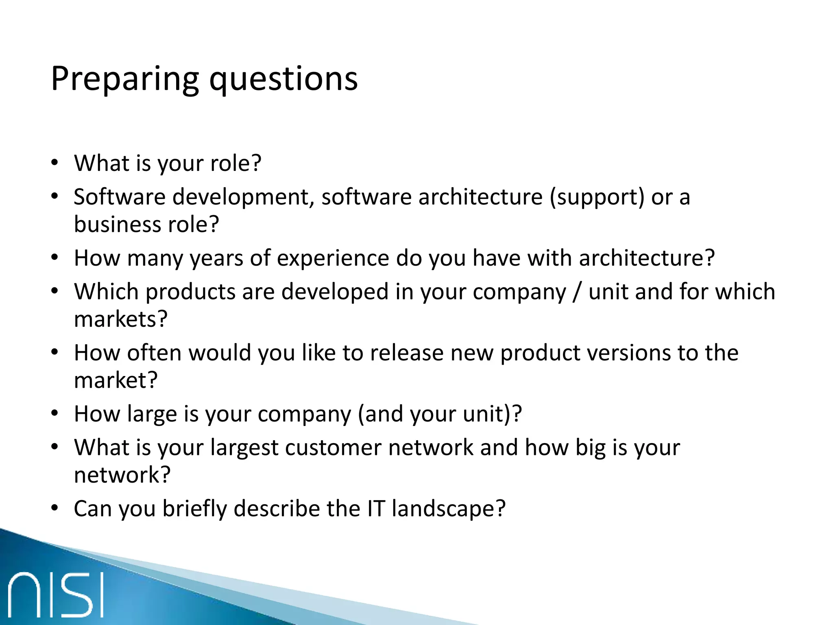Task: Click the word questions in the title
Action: pos(283,79)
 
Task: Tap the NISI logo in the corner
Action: pos(56,594)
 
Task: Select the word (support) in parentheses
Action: pos(597,198)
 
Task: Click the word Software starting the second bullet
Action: pos(120,197)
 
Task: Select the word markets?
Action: pos(121,319)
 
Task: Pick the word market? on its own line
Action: pos(116,380)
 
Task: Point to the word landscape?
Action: pos(449,509)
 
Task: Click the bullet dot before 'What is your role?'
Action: pos(55,163)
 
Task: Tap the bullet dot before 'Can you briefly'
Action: pos(55,508)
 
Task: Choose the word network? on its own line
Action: pos(122,475)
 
